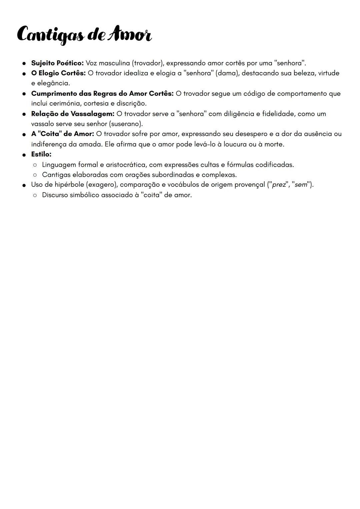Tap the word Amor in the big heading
click(x=131, y=35)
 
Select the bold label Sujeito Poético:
click(x=57, y=63)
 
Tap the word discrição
click(x=131, y=104)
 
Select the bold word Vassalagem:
click(x=92, y=114)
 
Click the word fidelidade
click(x=278, y=114)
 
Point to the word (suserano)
click(x=126, y=124)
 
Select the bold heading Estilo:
click(x=41, y=154)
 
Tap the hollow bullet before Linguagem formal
click(x=35, y=165)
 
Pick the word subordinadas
click(x=173, y=175)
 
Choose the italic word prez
click(x=279, y=185)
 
